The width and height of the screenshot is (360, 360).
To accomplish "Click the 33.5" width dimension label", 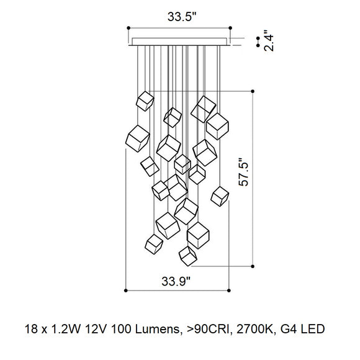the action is coord(182,17).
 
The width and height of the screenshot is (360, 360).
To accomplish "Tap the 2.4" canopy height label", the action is coord(269,40).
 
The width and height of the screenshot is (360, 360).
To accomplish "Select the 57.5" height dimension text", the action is coord(243,172).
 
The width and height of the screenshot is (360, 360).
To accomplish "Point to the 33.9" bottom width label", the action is coord(176,281).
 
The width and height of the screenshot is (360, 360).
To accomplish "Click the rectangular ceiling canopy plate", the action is coord(179,42).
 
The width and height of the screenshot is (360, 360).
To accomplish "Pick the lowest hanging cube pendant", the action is coord(188,256).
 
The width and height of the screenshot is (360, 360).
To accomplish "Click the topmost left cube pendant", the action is coord(145,101).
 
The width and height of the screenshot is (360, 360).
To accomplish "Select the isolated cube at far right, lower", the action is coord(220,196).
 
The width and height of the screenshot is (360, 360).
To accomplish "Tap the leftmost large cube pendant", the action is coord(138,138).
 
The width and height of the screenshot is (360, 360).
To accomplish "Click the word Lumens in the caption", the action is coord(158,329).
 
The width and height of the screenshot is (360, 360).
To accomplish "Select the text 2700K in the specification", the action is coord(256,329).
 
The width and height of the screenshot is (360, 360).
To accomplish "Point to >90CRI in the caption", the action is coord(209,329).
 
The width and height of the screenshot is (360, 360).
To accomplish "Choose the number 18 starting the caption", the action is coord(31,329).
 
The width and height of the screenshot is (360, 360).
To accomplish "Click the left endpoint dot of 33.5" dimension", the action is coord(128,28).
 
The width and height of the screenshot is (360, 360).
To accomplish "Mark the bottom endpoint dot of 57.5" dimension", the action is coord(253,266).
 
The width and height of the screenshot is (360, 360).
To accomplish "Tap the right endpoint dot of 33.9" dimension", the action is coord(228,290).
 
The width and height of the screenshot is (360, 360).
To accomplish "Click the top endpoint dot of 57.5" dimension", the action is coord(253,91).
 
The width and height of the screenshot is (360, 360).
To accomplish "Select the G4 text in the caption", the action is coord(288,329).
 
